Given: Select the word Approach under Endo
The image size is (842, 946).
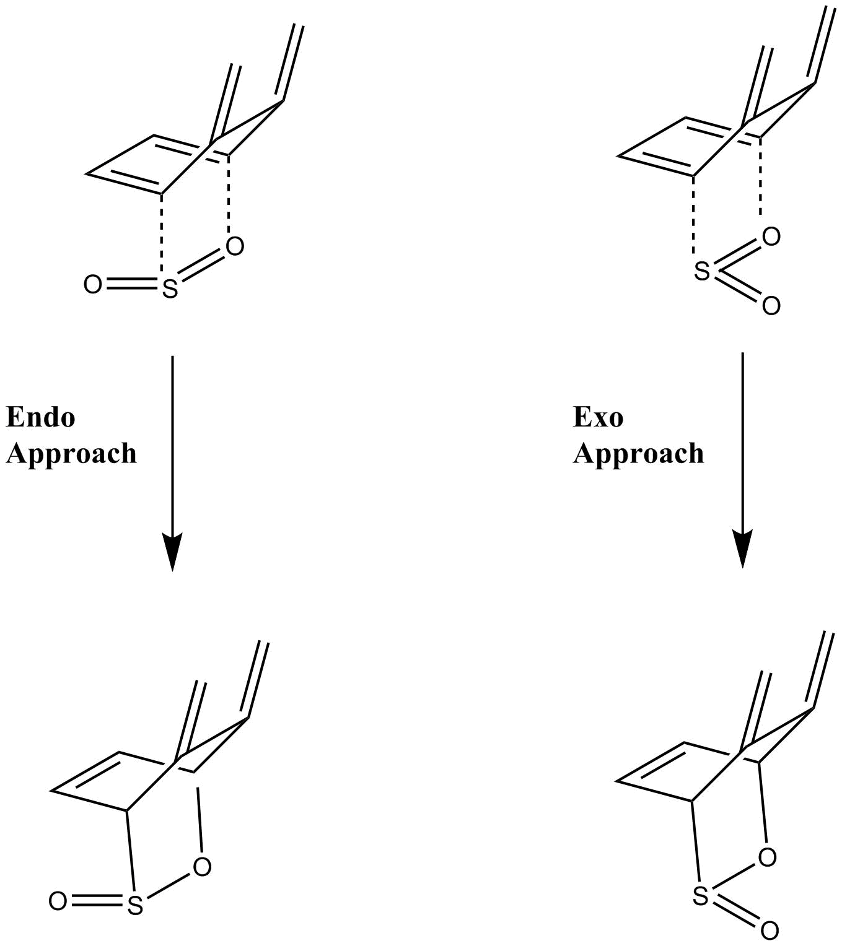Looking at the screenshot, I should (71, 454).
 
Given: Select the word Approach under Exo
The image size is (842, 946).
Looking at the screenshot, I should (638, 454).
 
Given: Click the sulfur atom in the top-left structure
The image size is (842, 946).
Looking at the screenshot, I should (170, 289).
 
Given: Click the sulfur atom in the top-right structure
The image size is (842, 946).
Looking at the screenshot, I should (701, 271).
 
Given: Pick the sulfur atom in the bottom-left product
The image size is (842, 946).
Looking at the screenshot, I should (135, 906).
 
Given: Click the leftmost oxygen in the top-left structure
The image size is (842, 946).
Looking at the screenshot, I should (92, 285).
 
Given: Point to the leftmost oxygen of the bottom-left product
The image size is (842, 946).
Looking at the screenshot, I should (58, 901).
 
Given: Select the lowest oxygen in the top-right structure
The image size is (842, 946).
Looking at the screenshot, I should (771, 306).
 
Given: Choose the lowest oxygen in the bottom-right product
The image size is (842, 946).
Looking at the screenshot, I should (770, 931).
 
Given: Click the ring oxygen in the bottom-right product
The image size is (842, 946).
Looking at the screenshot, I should (767, 857).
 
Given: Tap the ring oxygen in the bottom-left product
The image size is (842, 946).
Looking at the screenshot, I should (202, 867).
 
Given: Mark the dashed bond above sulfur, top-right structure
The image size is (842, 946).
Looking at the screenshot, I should (695, 217).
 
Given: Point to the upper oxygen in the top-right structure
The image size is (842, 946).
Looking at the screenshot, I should (771, 236).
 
